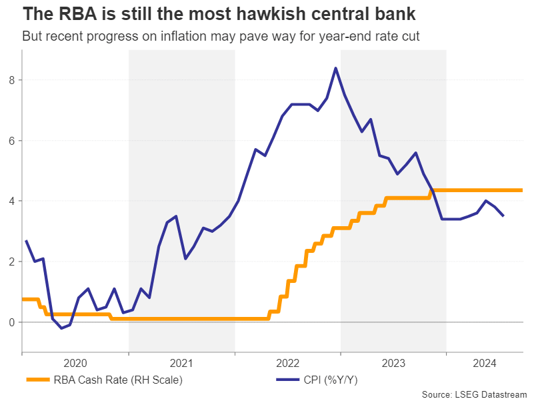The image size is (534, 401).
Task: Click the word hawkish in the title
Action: pos(230,13)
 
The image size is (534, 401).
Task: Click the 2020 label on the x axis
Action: pos(75,364)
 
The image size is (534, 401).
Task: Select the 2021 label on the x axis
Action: pos(181,364)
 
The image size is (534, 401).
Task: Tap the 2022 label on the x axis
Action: pos(288,364)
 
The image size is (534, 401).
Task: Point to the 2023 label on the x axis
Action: pos(393,364)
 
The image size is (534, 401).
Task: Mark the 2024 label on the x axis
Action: pos(485,364)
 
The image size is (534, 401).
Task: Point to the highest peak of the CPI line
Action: pos(335,67)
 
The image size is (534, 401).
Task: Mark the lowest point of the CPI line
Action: pos(61,328)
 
